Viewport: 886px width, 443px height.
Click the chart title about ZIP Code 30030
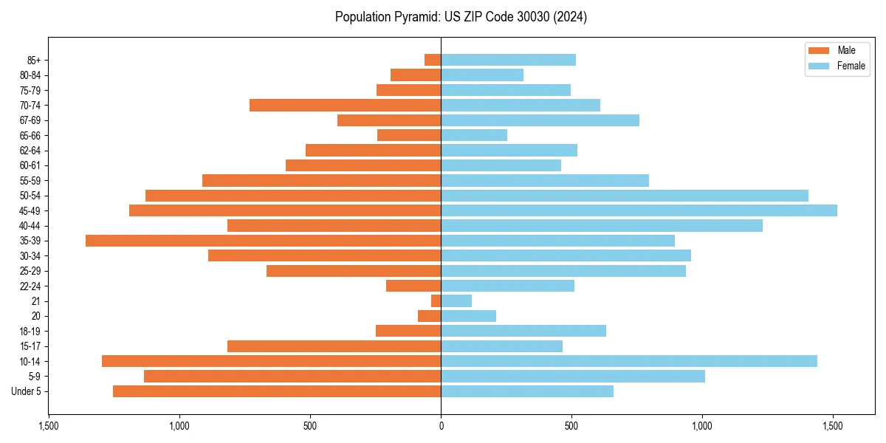[461, 17]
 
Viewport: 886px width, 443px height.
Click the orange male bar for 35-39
[263, 241]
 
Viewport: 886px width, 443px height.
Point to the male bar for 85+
[433, 60]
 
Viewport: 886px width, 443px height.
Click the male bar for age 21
[436, 301]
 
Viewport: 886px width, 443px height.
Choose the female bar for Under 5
[527, 391]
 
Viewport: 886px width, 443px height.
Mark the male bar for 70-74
[345, 105]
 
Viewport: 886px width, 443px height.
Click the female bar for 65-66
[474, 135]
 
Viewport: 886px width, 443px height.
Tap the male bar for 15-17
[334, 346]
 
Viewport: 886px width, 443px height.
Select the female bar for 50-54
[625, 196]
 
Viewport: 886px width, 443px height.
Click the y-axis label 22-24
[30, 286]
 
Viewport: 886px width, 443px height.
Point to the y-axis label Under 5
[27, 391]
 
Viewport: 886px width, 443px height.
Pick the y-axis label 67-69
[30, 120]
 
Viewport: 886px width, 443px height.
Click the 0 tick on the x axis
[441, 426]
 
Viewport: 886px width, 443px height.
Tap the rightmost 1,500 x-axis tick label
[833, 426]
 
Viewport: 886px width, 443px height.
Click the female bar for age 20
[468, 316]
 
